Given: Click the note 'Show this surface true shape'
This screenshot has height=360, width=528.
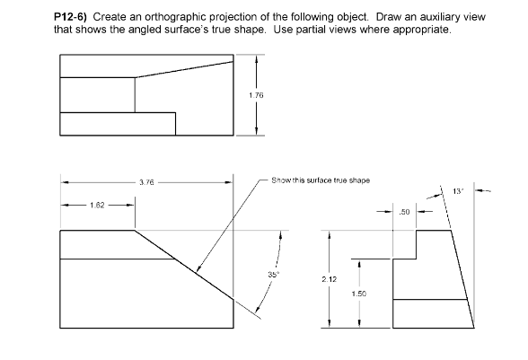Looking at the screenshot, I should [x=320, y=180].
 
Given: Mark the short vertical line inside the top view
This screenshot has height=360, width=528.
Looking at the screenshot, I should [x=135, y=94].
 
